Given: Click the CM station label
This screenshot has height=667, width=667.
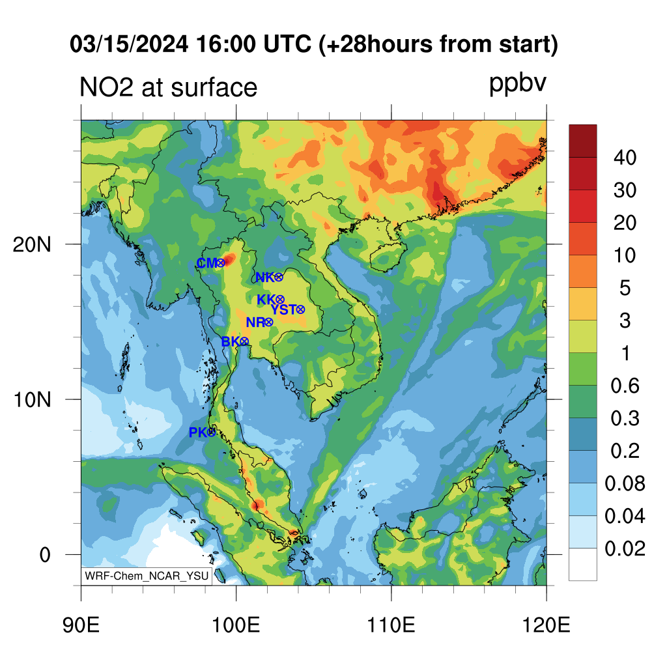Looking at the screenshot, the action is [207, 263].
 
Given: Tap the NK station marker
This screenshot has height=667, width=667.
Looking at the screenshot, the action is [279, 277].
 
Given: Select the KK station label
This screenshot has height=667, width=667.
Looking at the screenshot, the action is [266, 300].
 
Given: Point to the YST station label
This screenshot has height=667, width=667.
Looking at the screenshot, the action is [283, 309].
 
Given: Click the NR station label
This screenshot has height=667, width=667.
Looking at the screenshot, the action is [255, 322].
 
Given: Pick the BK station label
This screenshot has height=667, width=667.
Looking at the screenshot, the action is [231, 341].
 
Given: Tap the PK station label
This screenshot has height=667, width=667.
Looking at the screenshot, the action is [198, 433].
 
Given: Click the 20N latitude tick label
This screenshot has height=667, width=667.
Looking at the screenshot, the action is [32, 245].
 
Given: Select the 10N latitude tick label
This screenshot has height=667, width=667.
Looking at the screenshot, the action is [32, 400].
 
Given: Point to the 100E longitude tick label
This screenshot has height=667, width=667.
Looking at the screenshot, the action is [236, 625].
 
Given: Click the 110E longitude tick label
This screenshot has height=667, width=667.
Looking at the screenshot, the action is [391, 625].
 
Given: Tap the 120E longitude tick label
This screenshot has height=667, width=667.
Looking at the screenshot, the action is [546, 625].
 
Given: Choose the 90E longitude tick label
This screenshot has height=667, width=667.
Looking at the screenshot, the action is [81, 625].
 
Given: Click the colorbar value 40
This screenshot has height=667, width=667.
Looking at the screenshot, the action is [625, 158].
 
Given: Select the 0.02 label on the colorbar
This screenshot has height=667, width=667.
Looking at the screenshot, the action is [625, 548].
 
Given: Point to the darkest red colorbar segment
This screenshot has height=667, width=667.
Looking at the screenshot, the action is [583, 141].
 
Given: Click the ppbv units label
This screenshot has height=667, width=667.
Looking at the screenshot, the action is [518, 84].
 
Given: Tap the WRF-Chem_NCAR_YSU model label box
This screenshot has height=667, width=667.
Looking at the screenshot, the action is [147, 576].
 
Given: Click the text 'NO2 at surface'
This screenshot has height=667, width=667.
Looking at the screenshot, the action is [169, 87].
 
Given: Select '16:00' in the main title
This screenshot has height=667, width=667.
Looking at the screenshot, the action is [226, 44].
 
